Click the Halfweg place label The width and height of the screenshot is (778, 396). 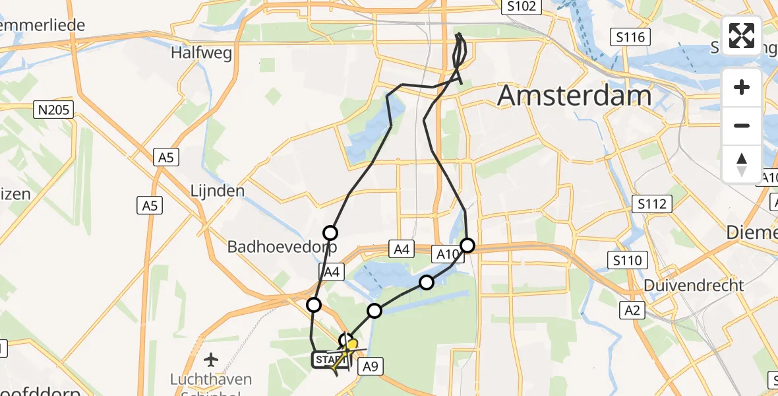click(x=202, y=53)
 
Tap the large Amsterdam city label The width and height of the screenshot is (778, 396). click(x=574, y=96)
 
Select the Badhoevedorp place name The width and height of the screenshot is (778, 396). click(x=282, y=247)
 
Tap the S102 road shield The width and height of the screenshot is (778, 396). click(x=521, y=7)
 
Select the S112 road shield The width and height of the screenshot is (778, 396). click(x=651, y=204)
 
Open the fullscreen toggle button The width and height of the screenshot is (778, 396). click(x=742, y=36)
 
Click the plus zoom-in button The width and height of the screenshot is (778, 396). click(x=742, y=88)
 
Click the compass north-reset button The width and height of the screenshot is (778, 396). click(x=742, y=164)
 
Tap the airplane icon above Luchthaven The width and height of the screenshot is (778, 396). click(x=211, y=360)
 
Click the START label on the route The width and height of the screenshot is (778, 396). click(x=327, y=360)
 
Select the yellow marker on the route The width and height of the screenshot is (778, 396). click(x=352, y=345)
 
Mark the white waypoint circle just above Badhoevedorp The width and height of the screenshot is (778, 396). click(x=330, y=232)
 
